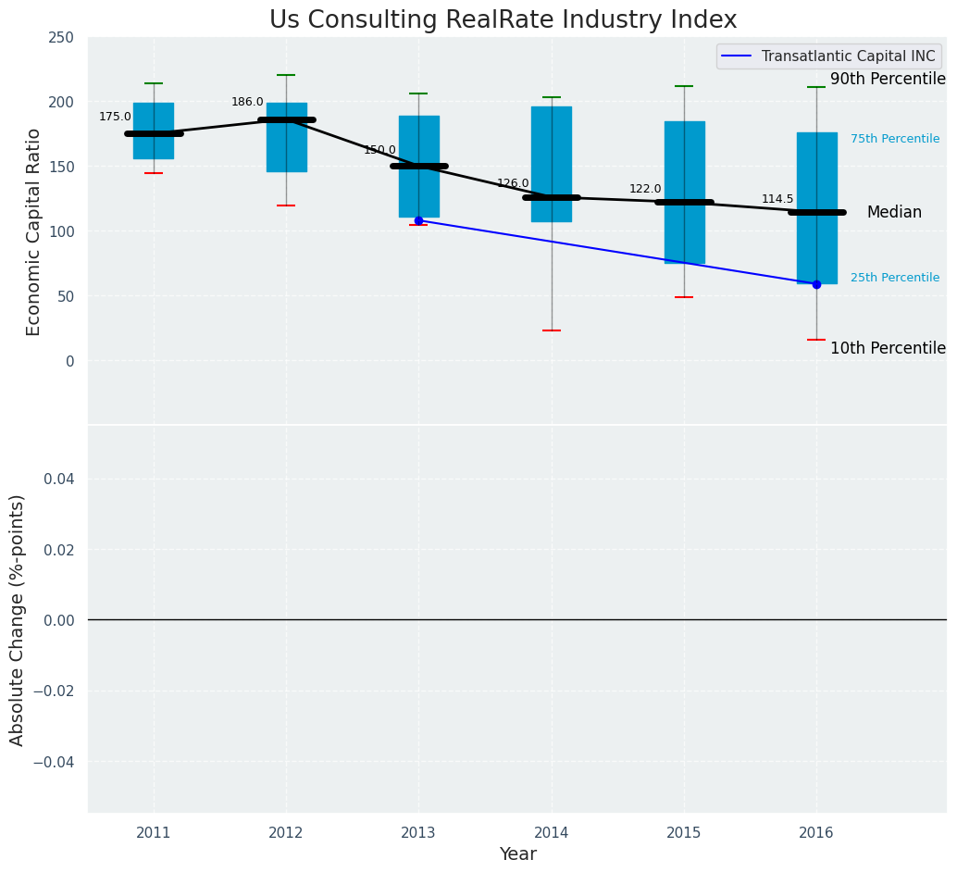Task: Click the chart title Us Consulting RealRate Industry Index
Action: (x=503, y=20)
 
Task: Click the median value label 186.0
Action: (x=247, y=102)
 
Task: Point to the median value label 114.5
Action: (x=777, y=199)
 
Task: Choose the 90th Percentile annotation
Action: (x=888, y=80)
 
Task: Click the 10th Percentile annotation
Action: (x=888, y=349)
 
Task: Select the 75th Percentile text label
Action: (x=895, y=139)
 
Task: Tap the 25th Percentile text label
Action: (x=895, y=278)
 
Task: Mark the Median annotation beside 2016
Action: (x=894, y=213)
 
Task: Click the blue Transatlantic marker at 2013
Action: (x=418, y=220)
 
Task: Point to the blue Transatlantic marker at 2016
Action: (x=816, y=284)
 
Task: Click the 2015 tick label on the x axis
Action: (x=684, y=833)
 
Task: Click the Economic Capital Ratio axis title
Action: (x=34, y=231)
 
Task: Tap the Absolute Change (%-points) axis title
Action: (x=18, y=619)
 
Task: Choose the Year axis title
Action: (x=517, y=854)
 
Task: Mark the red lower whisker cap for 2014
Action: (x=552, y=330)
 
